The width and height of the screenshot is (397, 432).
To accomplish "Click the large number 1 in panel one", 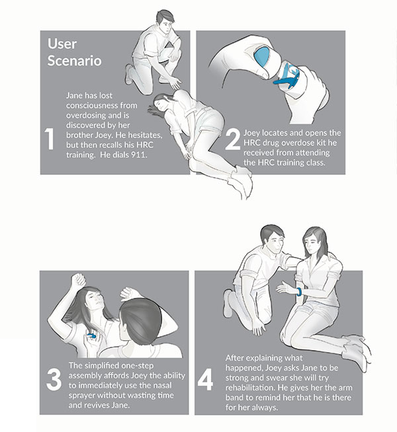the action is click(x=50, y=139).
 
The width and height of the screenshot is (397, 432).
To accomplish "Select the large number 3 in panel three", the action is click(x=54, y=380).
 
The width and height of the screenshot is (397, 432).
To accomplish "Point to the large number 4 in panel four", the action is click(x=205, y=380).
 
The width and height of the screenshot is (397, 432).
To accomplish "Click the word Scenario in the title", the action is click(x=75, y=61).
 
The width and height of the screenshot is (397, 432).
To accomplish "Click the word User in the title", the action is click(x=62, y=44).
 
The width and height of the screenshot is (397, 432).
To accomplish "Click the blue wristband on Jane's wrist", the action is click(x=299, y=292).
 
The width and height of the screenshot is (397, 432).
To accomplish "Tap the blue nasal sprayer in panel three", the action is click(x=91, y=336).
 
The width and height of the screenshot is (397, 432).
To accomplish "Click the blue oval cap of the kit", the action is click(x=261, y=57).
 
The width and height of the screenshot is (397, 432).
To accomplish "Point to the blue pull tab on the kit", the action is click(x=287, y=79).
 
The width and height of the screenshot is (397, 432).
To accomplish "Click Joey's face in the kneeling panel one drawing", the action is click(x=165, y=26).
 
